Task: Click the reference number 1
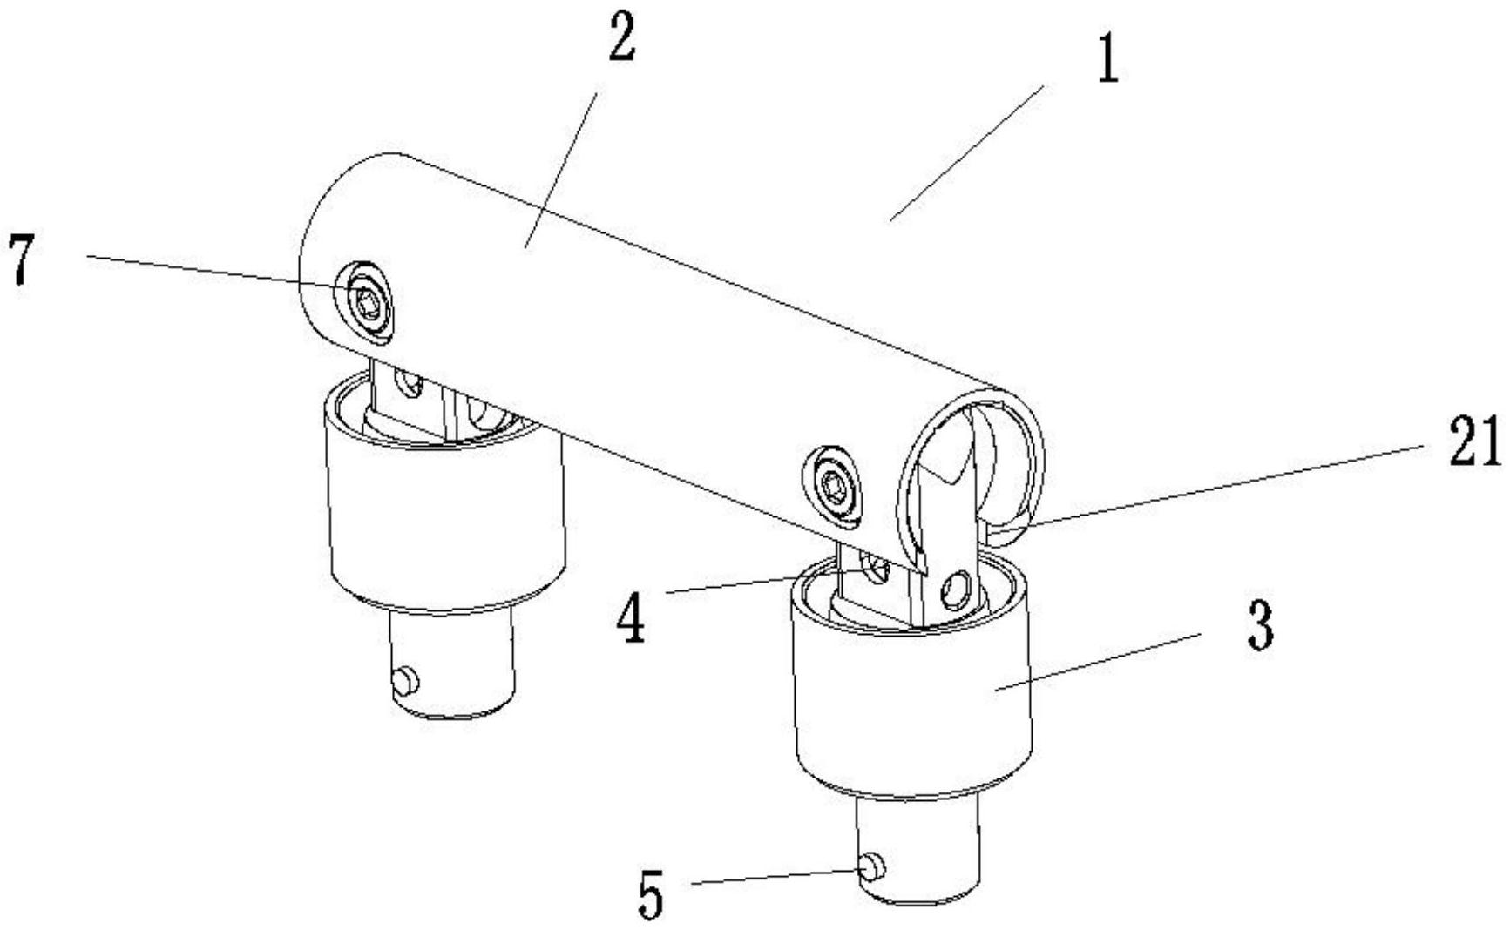(1107, 62)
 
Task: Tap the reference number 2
(620, 39)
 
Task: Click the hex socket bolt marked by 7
(366, 302)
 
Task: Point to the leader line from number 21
(1220, 483)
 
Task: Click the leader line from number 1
(967, 152)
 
